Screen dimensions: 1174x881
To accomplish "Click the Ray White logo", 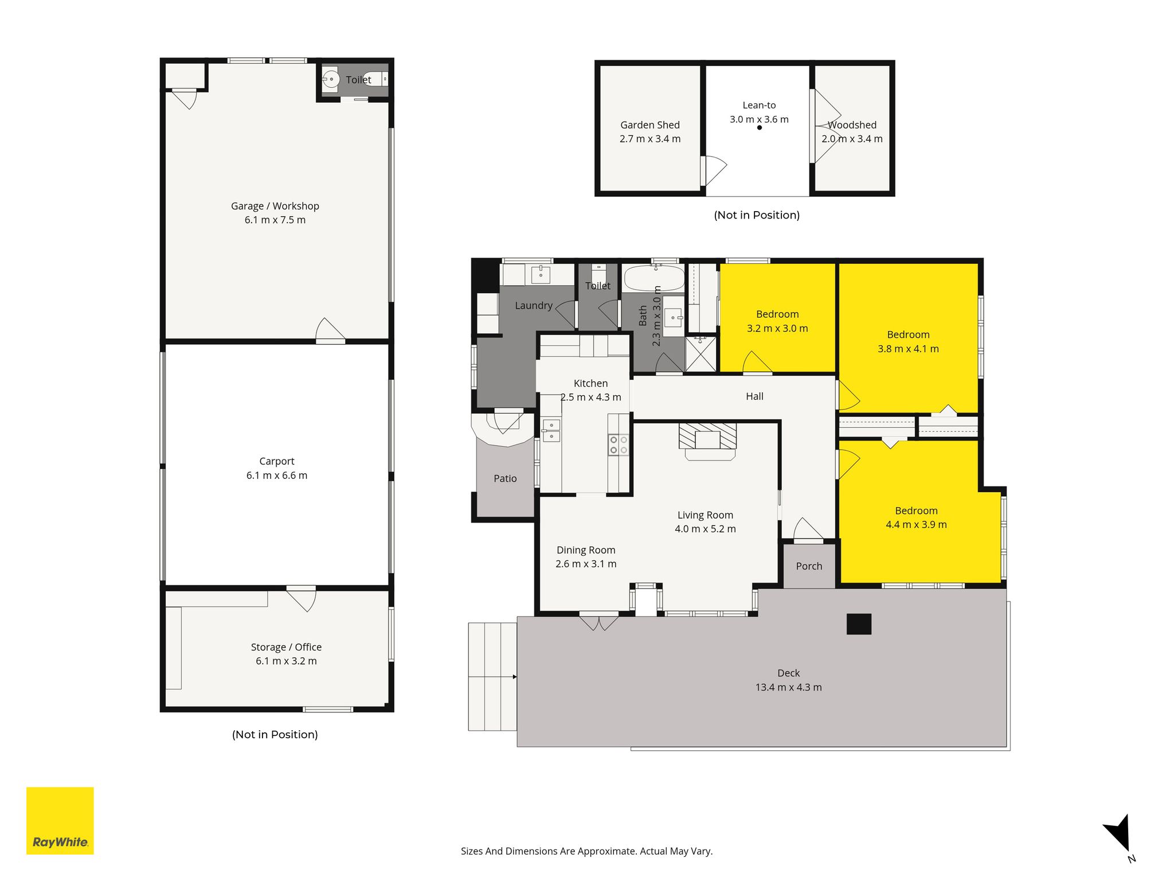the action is [x=60, y=820].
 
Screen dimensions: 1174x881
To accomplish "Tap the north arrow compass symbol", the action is [x=1118, y=839].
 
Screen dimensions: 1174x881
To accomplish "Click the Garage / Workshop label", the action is [x=275, y=206].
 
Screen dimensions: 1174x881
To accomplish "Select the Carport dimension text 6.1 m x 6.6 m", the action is [x=277, y=475].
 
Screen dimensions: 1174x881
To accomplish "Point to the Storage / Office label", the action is [x=286, y=647].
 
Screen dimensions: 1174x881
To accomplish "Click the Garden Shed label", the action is [x=650, y=125].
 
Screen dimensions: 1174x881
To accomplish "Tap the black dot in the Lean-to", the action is [x=760, y=127].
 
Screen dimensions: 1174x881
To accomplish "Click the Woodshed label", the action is [x=852, y=125].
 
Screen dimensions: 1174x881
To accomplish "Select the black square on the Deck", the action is [x=859, y=624].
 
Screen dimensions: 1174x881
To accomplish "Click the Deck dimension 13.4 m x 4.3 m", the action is [x=789, y=687].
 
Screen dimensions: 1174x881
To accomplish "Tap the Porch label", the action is [x=809, y=566].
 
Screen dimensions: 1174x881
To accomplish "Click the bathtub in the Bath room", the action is [x=654, y=278].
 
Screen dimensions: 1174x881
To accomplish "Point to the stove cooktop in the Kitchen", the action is [x=619, y=445].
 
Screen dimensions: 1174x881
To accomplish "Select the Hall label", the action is [x=755, y=396].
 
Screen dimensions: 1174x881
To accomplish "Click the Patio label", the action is [x=505, y=478].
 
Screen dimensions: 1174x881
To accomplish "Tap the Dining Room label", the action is [x=586, y=550].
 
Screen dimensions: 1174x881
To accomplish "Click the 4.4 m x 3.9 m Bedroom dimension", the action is [x=916, y=524].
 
